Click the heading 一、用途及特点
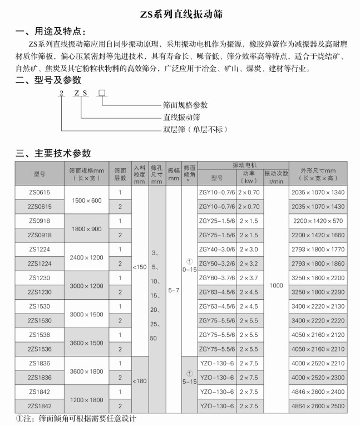[51, 31]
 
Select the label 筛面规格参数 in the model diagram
[185, 105]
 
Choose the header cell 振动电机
[243, 165]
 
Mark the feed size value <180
[140, 381]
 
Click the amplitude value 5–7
[173, 290]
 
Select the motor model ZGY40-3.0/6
[216, 249]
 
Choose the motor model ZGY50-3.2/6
[216, 263]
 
